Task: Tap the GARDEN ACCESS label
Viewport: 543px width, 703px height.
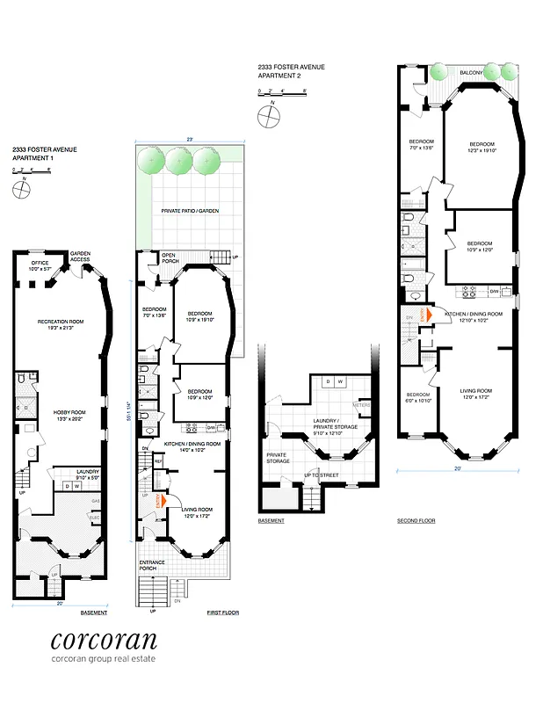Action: click(x=81, y=256)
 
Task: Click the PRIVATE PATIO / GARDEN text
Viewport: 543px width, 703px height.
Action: click(x=189, y=212)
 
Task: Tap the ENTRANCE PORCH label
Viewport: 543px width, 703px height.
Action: click(x=147, y=566)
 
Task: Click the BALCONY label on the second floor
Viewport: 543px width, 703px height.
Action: click(x=469, y=73)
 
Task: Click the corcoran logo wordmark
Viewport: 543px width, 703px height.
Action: click(x=104, y=640)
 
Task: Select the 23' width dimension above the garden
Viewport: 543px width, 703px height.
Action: click(x=189, y=138)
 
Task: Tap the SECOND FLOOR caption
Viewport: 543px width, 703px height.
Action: click(x=416, y=521)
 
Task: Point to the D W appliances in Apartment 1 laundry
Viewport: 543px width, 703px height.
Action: click(x=72, y=485)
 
